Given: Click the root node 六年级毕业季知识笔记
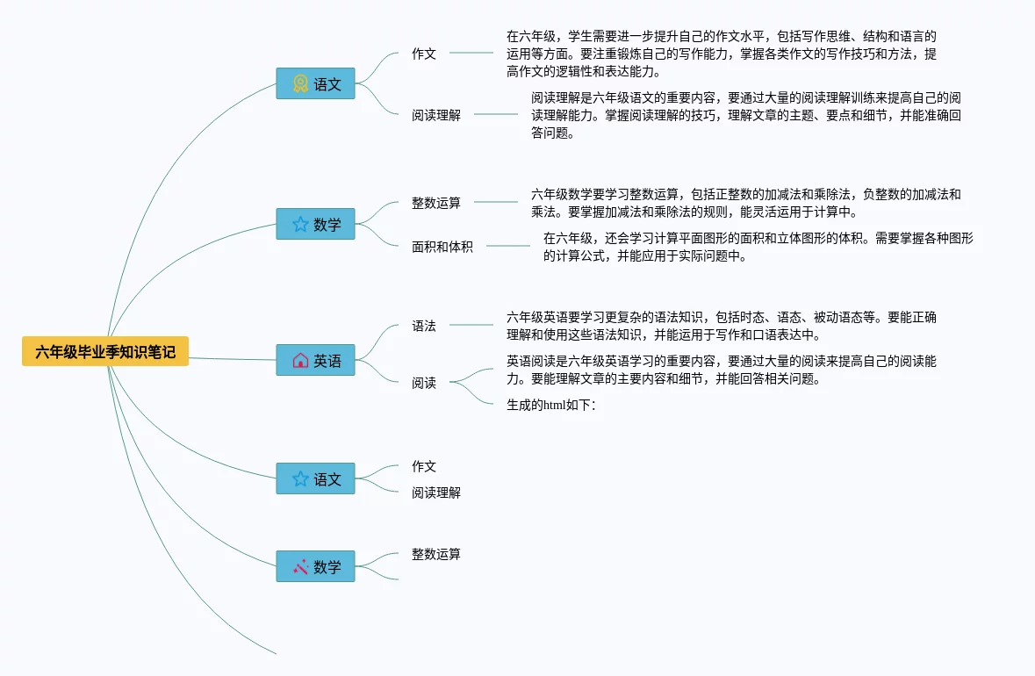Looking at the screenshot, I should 105,352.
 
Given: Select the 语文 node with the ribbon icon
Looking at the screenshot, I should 316,83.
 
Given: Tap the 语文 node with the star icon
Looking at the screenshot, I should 316,478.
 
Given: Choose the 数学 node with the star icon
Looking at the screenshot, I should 316,224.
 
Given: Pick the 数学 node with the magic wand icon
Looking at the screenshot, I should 316,566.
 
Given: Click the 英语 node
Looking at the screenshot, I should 316,360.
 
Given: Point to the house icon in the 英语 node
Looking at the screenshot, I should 300,360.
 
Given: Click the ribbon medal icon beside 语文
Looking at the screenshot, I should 300,83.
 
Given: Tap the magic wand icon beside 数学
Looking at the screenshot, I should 300,566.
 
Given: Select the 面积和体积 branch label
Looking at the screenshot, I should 442,247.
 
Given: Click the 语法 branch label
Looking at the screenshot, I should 424,326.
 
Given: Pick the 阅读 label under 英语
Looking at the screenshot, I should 424,383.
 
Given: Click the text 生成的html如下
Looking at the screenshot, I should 550,405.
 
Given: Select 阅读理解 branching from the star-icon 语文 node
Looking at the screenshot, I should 436,493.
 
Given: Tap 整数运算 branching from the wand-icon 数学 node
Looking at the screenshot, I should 436,554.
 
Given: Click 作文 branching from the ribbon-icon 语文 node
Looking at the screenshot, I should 424,54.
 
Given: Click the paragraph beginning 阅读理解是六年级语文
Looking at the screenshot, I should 745,115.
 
